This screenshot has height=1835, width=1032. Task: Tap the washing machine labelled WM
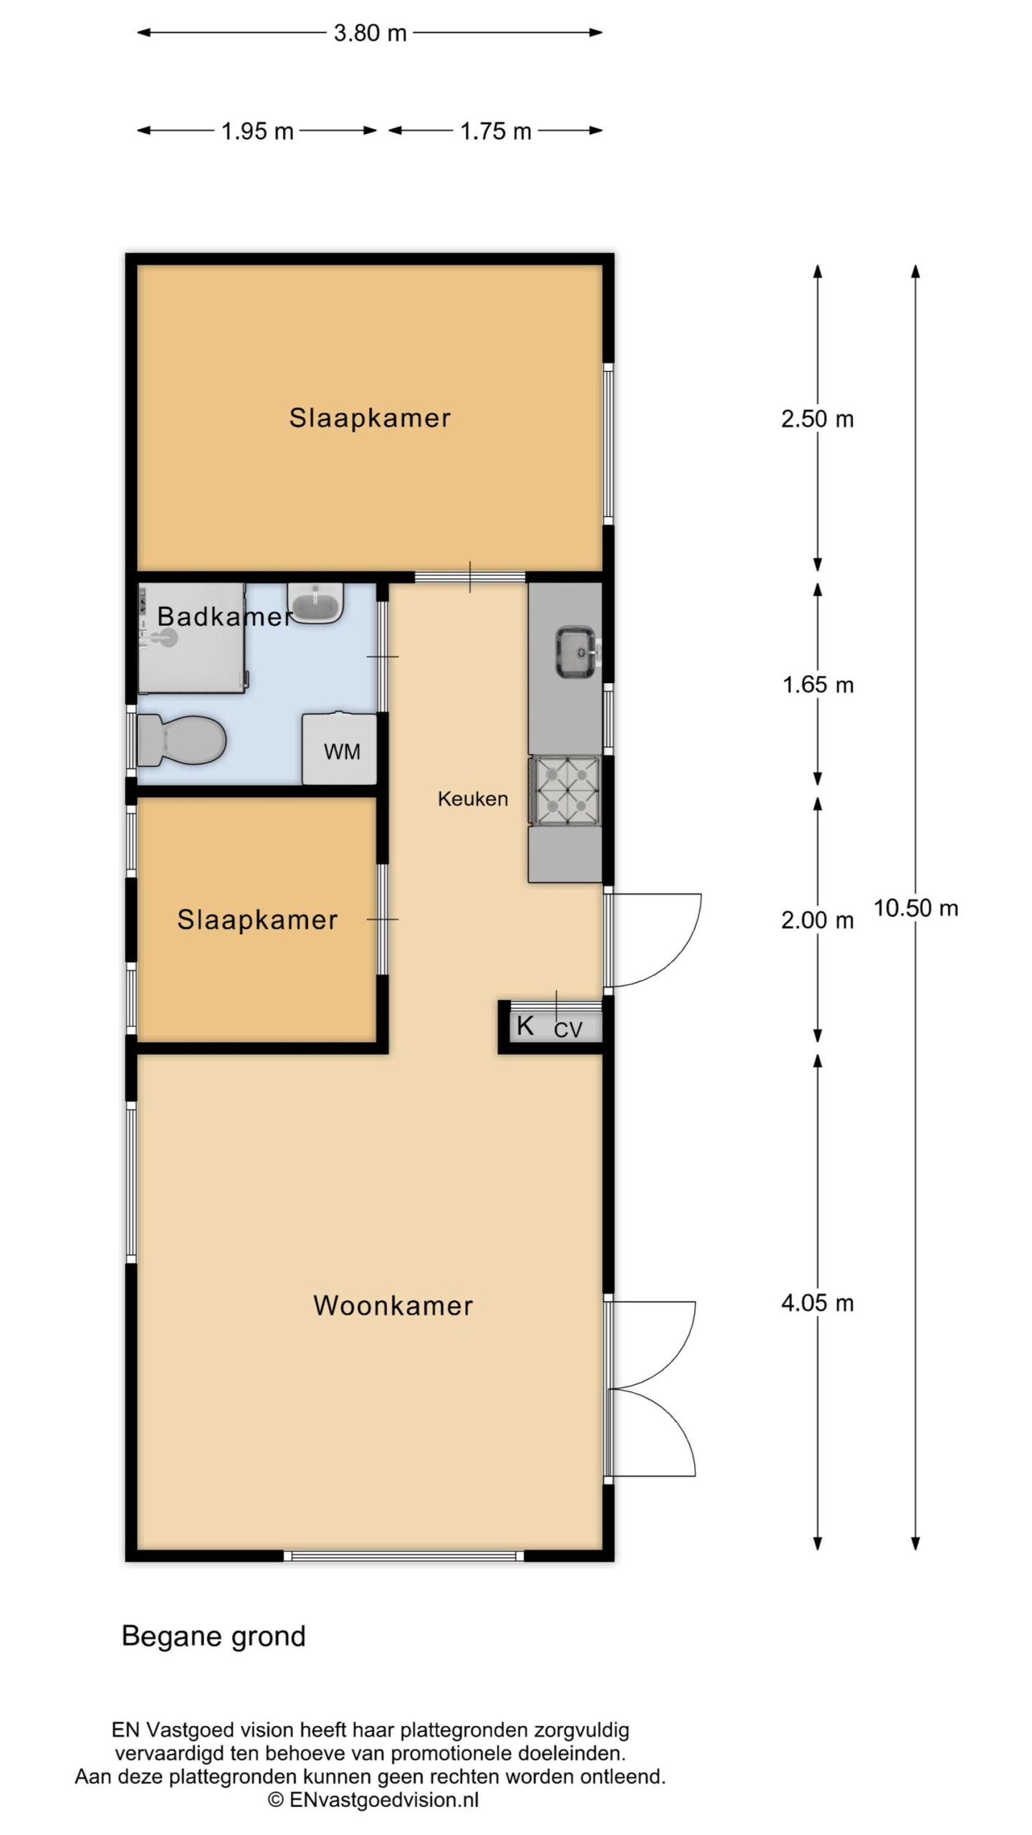340,748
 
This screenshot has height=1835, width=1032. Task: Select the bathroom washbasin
316,603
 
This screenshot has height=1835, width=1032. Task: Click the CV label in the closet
568,1030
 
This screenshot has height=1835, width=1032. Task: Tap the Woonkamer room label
393,1305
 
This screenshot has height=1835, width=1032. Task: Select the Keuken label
473,799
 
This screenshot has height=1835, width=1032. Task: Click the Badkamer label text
225,616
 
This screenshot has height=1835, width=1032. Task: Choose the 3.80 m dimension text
371,33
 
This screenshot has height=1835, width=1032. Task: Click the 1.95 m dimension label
257,132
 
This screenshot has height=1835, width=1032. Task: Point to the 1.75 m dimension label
496,132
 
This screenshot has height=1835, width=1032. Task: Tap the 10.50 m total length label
916,908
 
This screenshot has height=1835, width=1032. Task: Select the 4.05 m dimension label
818,1302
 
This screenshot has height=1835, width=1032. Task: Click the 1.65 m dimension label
818,685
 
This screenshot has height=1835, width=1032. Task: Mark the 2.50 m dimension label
818,419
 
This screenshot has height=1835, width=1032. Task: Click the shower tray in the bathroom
192,638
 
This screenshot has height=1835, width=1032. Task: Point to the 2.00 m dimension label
818,920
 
